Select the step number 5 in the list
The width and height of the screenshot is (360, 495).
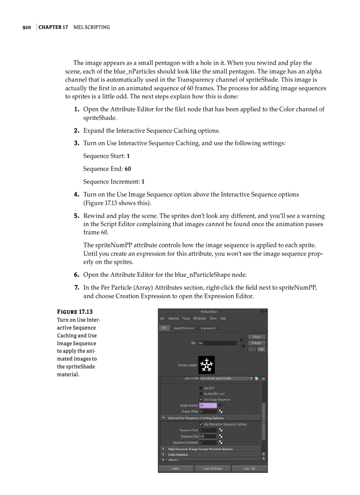pyautogui.click(x=76, y=216)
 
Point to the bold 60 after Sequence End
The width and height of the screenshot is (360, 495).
pyautogui.click(x=127, y=169)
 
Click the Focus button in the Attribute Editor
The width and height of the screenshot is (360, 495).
pyautogui.click(x=256, y=337)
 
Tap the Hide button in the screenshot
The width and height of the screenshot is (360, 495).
pyautogui.click(x=261, y=349)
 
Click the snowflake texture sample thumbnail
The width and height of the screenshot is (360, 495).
pyautogui.click(x=206, y=365)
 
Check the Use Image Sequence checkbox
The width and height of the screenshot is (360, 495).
pyautogui.click(x=201, y=399)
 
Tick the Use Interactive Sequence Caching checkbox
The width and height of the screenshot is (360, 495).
pyautogui.click(x=201, y=424)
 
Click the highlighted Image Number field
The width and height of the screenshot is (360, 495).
pyautogui.click(x=208, y=405)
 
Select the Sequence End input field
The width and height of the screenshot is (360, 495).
pyautogui.click(x=208, y=436)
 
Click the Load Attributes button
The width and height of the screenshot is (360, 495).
pyautogui.click(x=213, y=469)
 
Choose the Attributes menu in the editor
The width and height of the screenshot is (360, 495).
pyautogui.click(x=200, y=318)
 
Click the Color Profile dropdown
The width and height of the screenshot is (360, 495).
pyautogui.click(x=226, y=378)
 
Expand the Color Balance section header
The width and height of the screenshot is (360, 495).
pyautogui.click(x=178, y=454)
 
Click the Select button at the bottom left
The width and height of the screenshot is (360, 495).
pyautogui.click(x=176, y=469)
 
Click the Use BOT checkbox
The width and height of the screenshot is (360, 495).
pyautogui.click(x=201, y=388)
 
